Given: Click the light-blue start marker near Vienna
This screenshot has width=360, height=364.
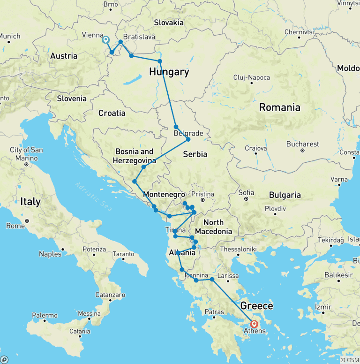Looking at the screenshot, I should coord(105,40).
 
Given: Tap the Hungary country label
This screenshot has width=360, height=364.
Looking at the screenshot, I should coord(169,72).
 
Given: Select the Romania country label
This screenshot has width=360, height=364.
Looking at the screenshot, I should coord(279,107).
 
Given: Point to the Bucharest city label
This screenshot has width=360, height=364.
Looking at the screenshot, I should coord(304,144).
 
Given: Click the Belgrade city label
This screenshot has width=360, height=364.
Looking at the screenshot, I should coord(188,133).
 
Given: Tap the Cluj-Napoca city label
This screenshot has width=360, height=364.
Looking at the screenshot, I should coord(252,77).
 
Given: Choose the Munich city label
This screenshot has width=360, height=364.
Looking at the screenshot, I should coord(10,36).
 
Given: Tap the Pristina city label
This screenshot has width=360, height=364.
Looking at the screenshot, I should coord(202,194).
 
